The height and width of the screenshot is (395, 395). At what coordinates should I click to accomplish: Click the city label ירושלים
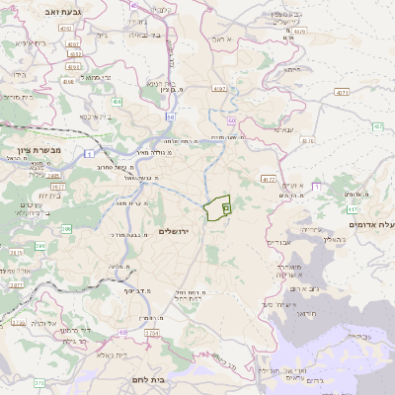174,230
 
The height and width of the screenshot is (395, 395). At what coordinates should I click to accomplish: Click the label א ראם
221,39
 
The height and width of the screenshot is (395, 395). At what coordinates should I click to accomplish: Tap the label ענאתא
278,129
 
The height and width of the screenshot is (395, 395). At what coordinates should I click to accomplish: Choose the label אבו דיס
280,240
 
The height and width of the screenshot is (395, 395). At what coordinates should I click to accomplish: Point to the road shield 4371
342,92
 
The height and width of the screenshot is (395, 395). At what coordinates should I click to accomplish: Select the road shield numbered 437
378,126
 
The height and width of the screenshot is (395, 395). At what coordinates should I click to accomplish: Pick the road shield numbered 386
66,228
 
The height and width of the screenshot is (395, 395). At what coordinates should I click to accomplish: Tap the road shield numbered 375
39,381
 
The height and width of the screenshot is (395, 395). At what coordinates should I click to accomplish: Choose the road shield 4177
269,179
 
